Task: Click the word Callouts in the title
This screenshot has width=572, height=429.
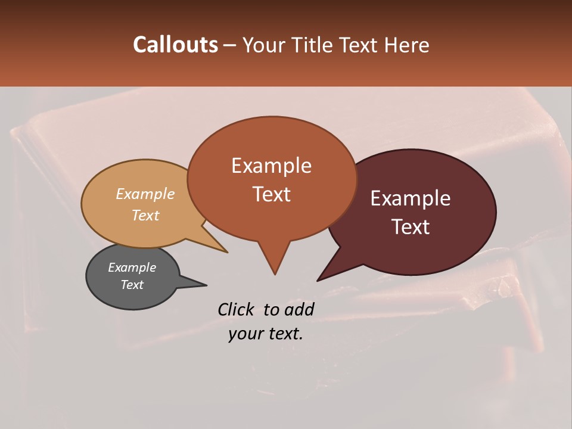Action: pyautogui.click(x=175, y=45)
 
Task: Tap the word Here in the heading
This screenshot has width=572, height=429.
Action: pyautogui.click(x=407, y=45)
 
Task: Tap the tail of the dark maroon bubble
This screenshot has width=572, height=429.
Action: pyautogui.click(x=331, y=271)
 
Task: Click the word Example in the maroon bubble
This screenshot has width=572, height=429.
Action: pyautogui.click(x=411, y=198)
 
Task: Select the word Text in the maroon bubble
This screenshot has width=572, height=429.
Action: pyautogui.click(x=411, y=227)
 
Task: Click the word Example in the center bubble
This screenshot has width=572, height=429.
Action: pyautogui.click(x=271, y=166)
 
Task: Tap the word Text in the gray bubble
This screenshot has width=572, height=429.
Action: pyautogui.click(x=132, y=285)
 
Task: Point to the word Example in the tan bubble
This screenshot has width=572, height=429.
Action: pyautogui.click(x=145, y=194)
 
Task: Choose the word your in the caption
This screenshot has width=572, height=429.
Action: pyautogui.click(x=243, y=334)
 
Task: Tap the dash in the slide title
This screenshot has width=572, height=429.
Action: pyautogui.click(x=231, y=45)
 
